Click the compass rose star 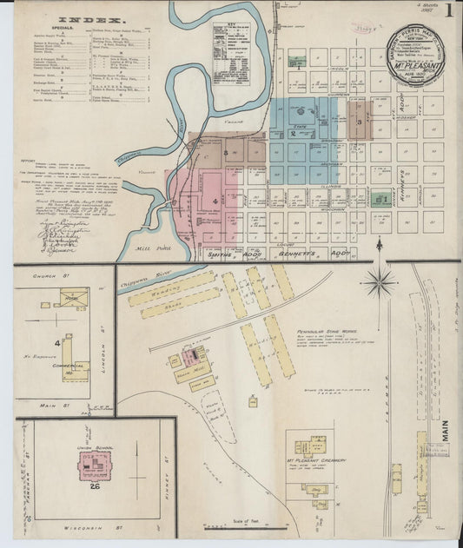[380, 280]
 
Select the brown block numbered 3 [360, 122]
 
